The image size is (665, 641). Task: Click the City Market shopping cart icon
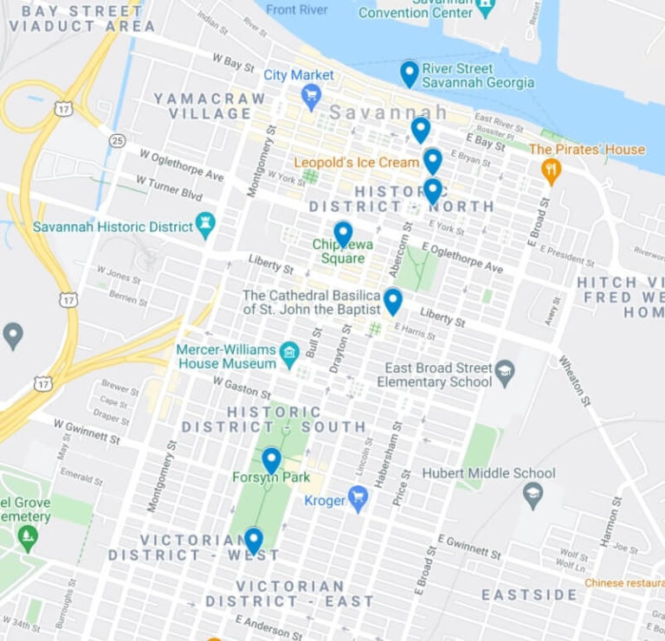coord(312,94)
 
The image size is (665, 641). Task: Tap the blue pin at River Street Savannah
coord(410,74)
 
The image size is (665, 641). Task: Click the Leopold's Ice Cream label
coord(356,162)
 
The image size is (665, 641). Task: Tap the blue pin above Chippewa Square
coord(344,234)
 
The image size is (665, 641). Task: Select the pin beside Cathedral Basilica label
coord(393,300)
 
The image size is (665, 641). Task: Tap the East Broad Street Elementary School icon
coord(506,375)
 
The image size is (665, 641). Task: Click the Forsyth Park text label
coord(260,478)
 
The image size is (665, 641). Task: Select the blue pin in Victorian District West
coord(254,541)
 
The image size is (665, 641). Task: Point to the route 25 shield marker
coord(118,140)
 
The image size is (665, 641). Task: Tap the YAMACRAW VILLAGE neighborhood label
coord(210,106)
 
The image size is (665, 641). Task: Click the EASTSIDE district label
coord(529,595)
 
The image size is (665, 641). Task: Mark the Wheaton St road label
coord(571,375)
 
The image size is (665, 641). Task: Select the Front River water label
coord(297,10)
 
